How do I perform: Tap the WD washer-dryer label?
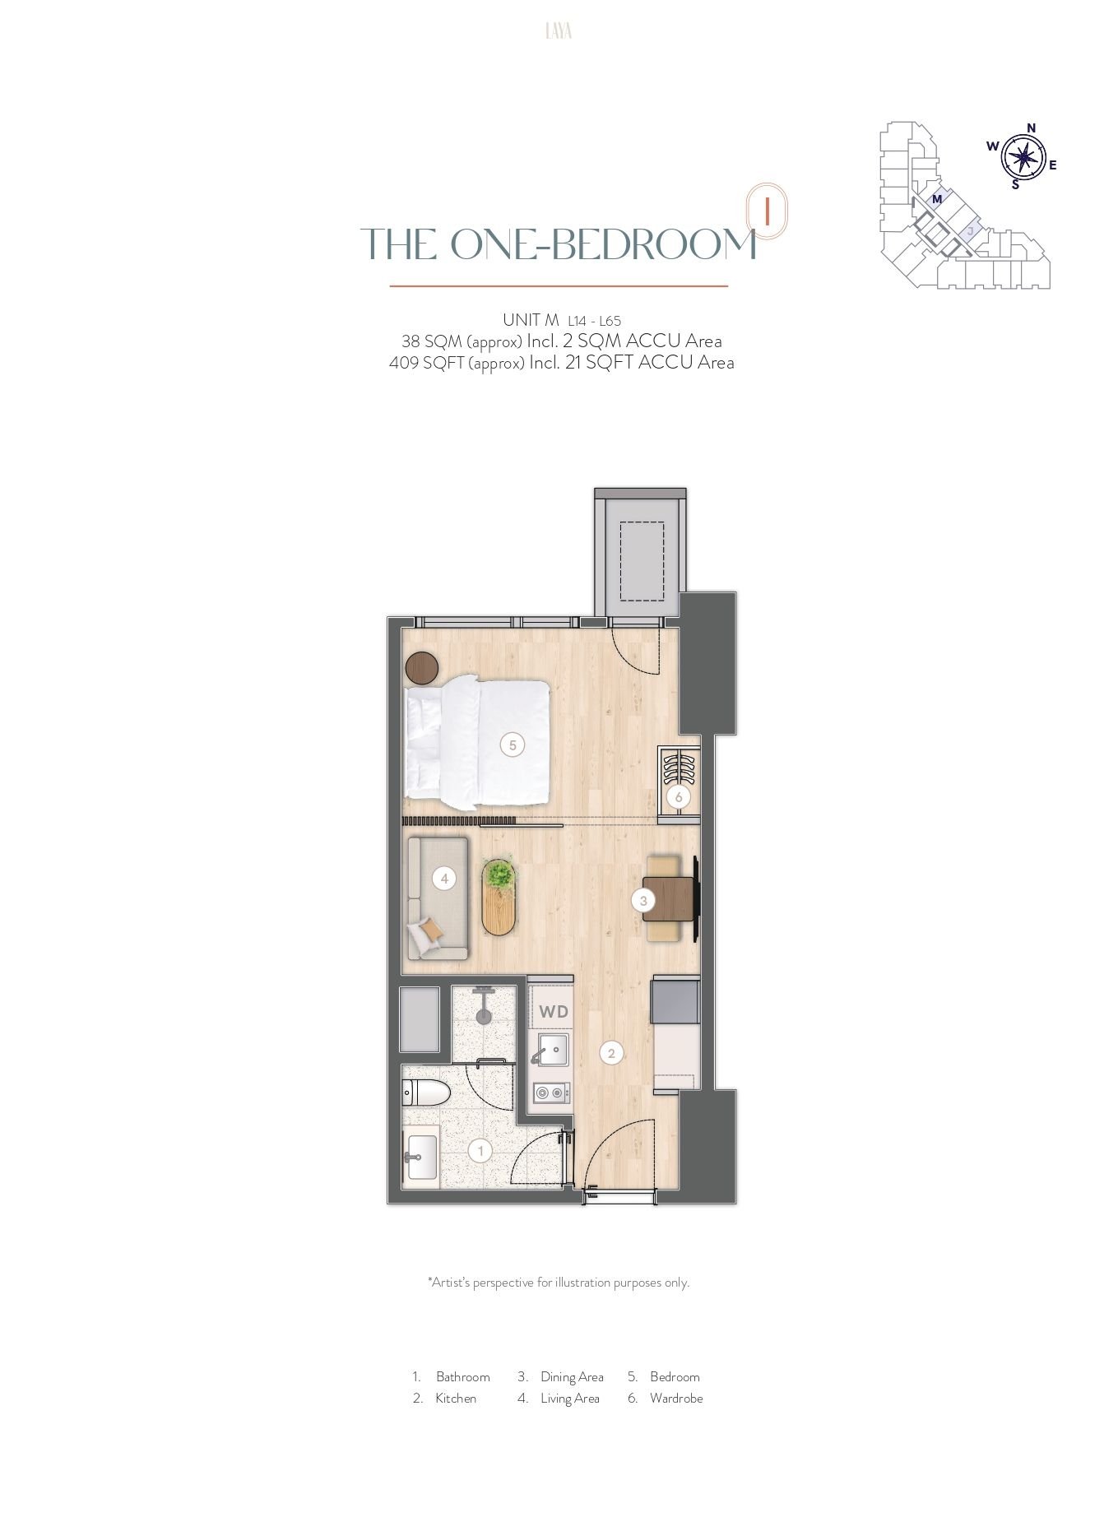(x=554, y=1011)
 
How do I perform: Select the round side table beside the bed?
(x=422, y=668)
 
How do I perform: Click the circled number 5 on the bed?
(x=513, y=745)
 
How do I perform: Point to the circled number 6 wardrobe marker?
(x=679, y=796)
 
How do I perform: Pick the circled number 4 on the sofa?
(x=444, y=879)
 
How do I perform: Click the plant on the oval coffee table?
(x=497, y=874)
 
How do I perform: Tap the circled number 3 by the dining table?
(x=643, y=900)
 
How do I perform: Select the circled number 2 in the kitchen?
(x=611, y=1052)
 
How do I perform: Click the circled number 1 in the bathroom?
(x=480, y=1150)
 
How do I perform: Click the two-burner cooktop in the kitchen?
(x=551, y=1093)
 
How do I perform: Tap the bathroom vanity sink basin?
(x=421, y=1157)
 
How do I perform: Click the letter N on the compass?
(x=1032, y=128)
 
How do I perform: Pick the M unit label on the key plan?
(x=936, y=198)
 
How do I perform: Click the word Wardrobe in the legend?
(x=676, y=1398)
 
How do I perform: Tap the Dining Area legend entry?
(x=572, y=1376)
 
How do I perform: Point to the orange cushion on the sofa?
(x=429, y=931)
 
